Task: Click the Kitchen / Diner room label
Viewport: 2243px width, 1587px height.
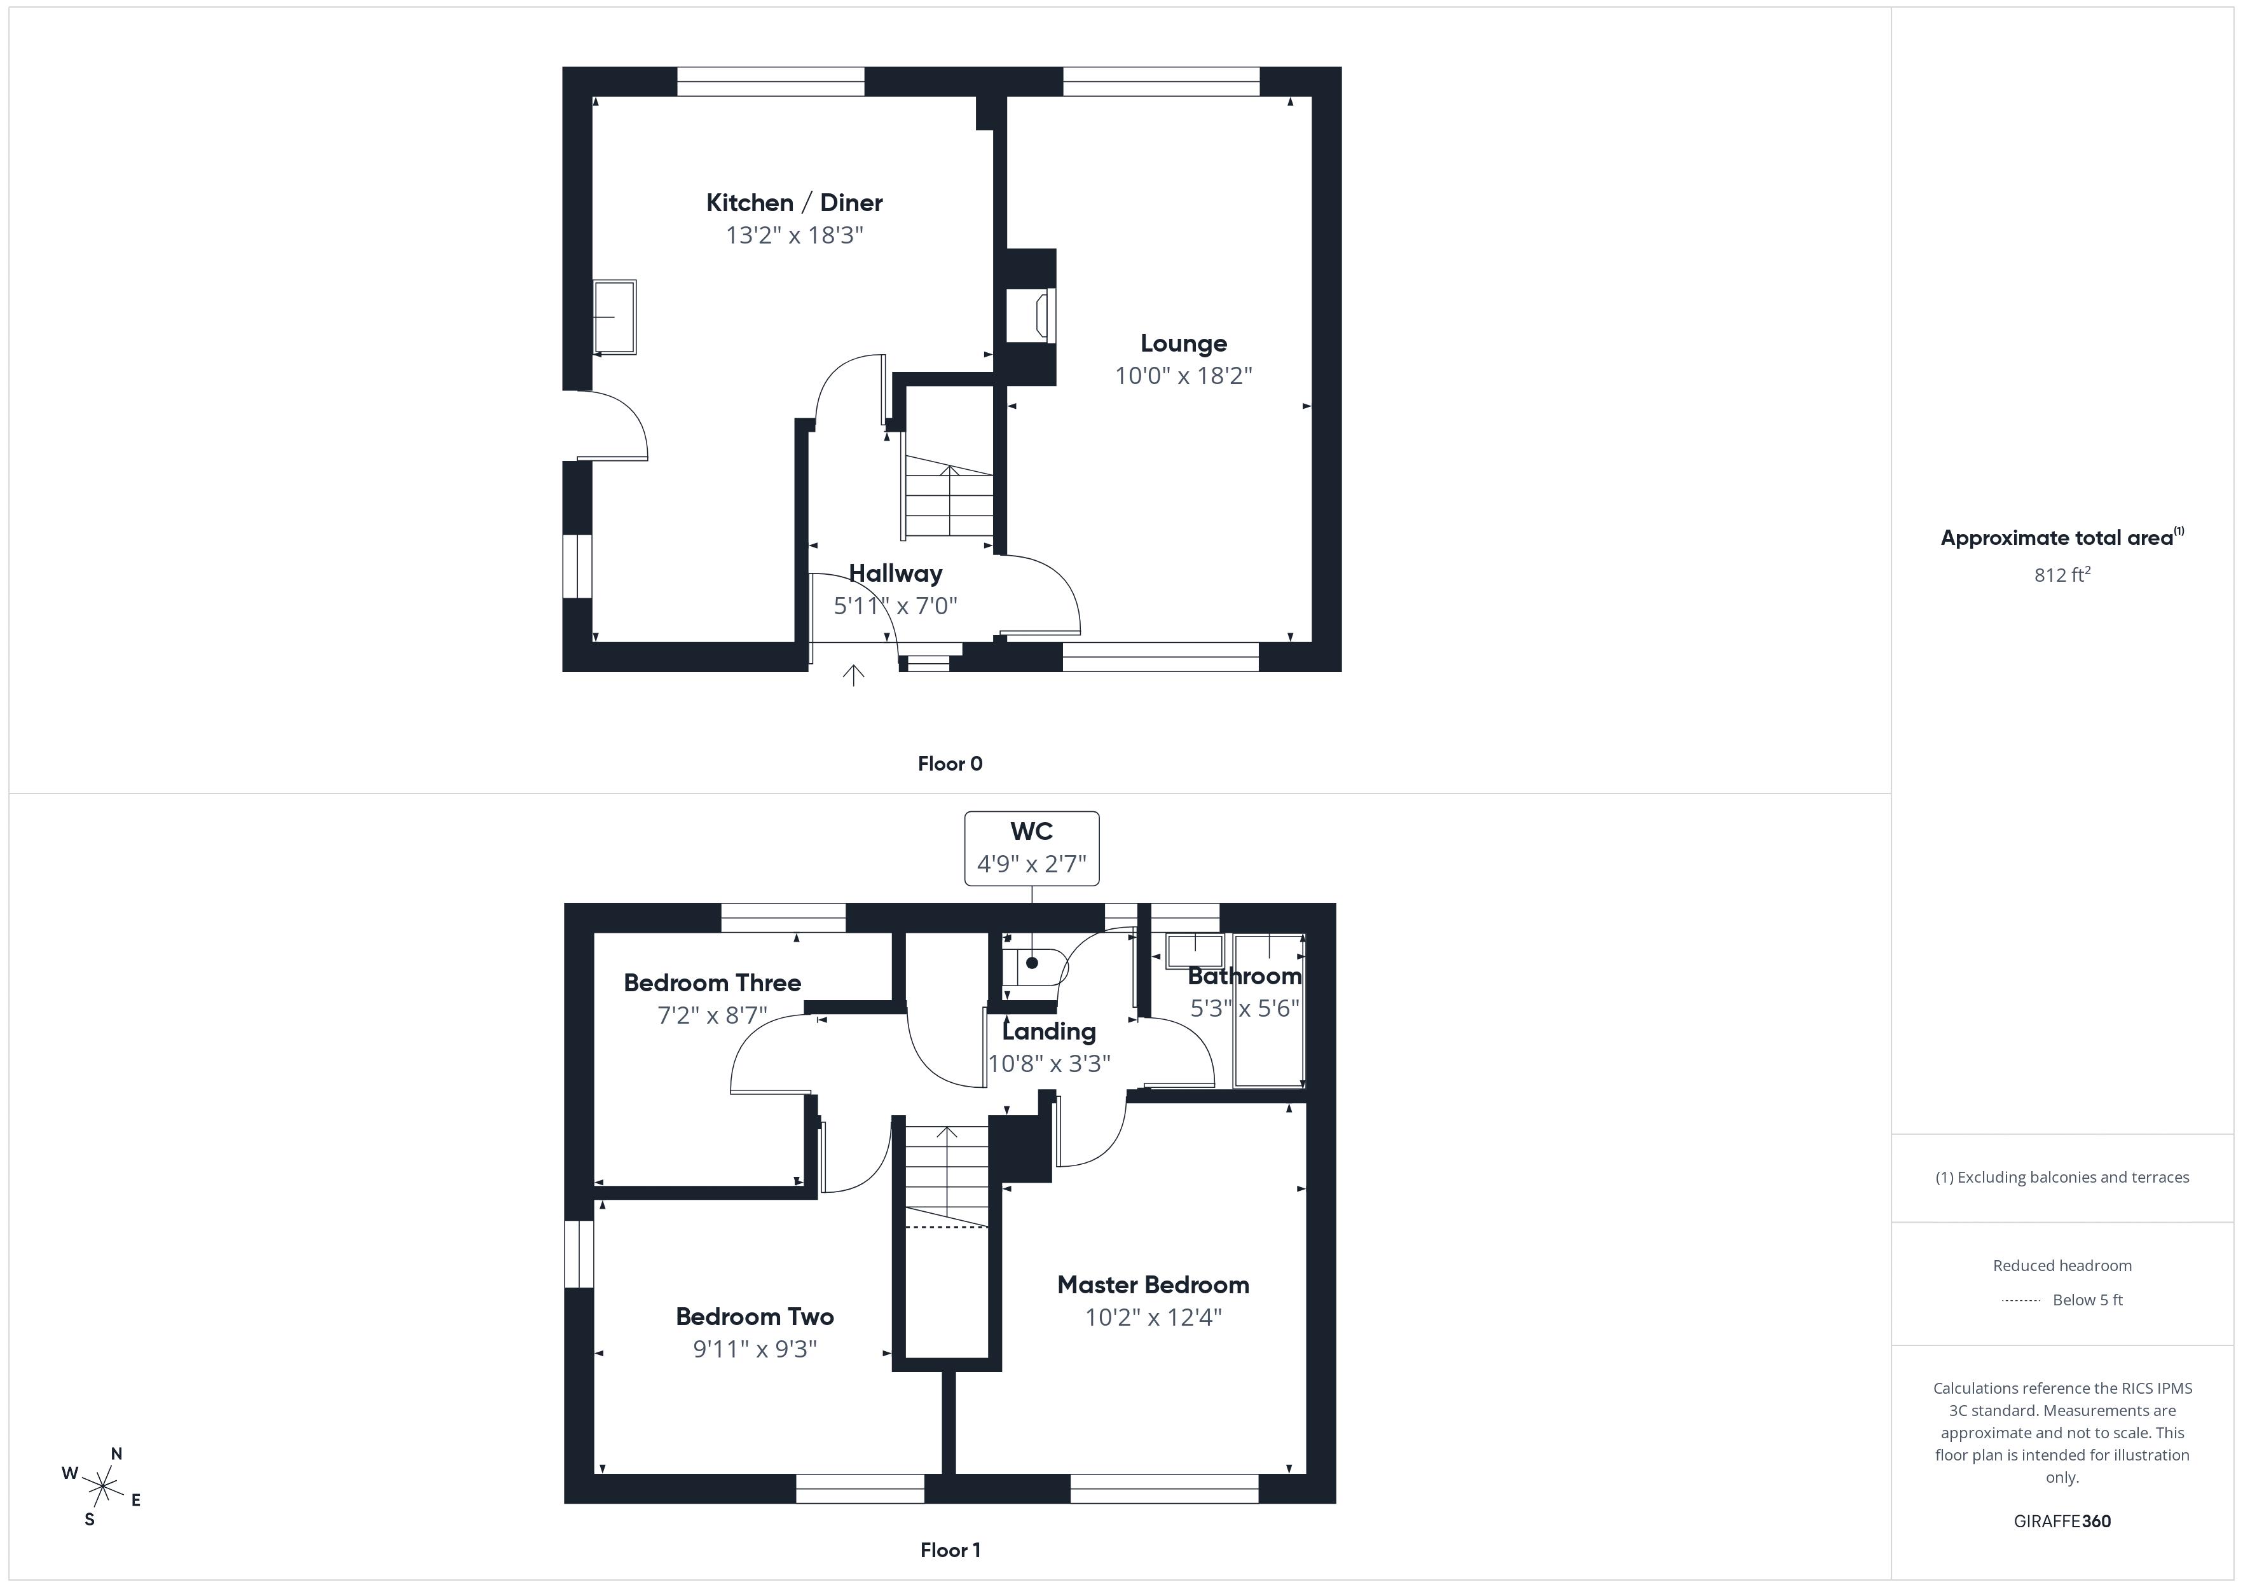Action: (794, 202)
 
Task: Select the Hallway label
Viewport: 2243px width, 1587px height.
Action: (895, 574)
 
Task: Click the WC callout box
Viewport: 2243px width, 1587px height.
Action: (1032, 848)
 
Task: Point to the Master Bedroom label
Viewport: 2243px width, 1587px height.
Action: (1153, 1285)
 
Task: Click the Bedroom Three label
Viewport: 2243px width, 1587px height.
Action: (712, 983)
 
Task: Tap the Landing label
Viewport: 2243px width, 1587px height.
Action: (1049, 1032)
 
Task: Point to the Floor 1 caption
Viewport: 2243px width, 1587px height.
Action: (950, 1550)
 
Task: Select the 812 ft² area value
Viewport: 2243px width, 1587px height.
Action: (2061, 575)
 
